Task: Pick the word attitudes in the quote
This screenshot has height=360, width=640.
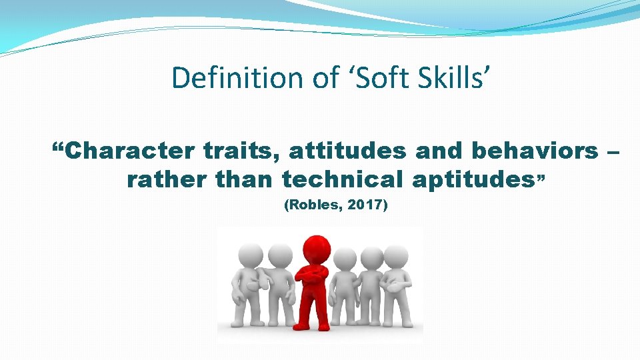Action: [347, 151]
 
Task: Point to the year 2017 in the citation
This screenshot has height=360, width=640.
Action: [364, 206]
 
